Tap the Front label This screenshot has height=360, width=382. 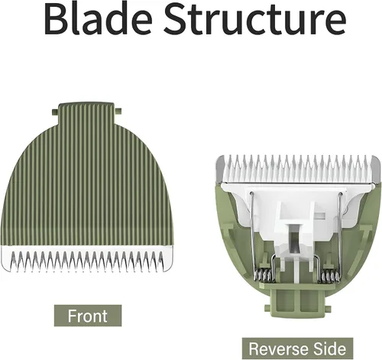coord(88,316)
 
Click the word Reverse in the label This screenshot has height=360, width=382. coord(277,349)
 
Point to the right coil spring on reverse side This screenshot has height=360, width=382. coord(329,276)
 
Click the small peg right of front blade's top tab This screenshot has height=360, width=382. coord(118,111)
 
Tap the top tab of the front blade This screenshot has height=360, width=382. coord(86,114)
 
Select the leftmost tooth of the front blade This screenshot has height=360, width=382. coord(12,261)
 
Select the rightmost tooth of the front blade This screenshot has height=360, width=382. coord(161,260)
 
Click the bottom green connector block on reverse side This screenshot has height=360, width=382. coord(298,302)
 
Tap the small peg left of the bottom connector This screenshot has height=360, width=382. coord(267,308)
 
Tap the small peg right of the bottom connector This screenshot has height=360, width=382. coord(328,308)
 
